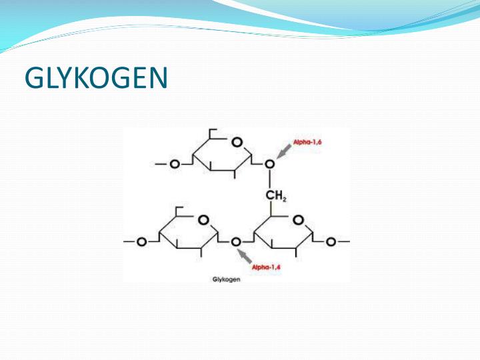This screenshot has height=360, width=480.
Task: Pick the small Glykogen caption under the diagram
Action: click(226, 279)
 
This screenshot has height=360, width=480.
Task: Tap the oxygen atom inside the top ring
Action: click(236, 143)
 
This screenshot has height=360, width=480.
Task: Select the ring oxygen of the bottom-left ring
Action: click(203, 219)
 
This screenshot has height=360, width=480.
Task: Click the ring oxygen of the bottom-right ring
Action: click(299, 219)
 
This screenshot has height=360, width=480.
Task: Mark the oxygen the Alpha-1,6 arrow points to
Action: click(269, 163)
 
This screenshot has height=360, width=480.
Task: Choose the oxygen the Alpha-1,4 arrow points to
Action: click(235, 242)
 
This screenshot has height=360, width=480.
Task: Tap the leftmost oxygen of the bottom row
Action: click(141, 242)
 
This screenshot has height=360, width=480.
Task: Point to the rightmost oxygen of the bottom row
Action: click(331, 242)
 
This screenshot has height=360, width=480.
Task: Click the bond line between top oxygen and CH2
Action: click(269, 179)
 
